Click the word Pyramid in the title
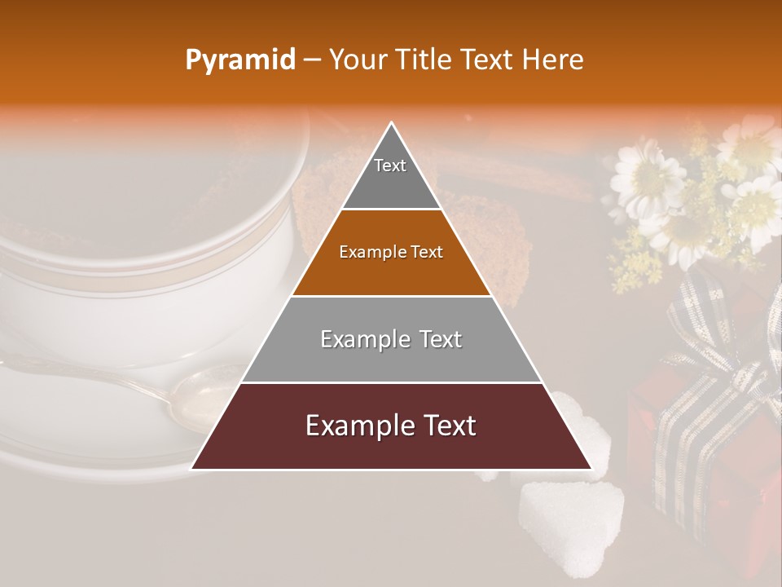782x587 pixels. pyautogui.click(x=239, y=60)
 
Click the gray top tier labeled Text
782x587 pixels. pyautogui.click(x=391, y=175)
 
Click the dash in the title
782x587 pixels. pyautogui.click(x=312, y=60)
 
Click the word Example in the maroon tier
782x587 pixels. pyautogui.click(x=355, y=426)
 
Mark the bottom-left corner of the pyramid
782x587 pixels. pyautogui.click(x=191, y=469)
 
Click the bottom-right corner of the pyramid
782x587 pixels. pyautogui.click(x=591, y=469)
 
